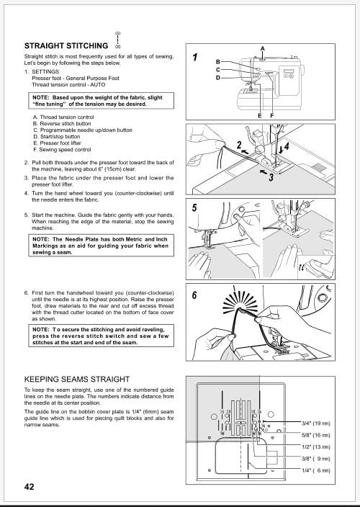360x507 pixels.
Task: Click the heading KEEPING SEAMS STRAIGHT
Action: click(77, 379)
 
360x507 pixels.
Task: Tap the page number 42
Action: click(29, 487)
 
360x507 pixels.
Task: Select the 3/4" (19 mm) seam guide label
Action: click(315, 424)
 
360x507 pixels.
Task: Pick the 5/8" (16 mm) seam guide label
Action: click(315, 436)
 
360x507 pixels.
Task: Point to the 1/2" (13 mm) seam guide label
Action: click(315, 447)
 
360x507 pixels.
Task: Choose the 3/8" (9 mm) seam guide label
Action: click(315, 458)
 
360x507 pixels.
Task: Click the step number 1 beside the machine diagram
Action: click(194, 57)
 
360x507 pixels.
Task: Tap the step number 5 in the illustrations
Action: click(194, 207)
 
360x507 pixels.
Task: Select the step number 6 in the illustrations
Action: click(194, 296)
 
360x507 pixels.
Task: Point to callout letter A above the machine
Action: click(263, 48)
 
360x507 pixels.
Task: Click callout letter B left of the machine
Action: click(218, 62)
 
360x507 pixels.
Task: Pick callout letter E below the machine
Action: click(259, 116)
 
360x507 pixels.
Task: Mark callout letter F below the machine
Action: click(271, 116)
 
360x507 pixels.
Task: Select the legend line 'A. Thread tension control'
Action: click(63, 117)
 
